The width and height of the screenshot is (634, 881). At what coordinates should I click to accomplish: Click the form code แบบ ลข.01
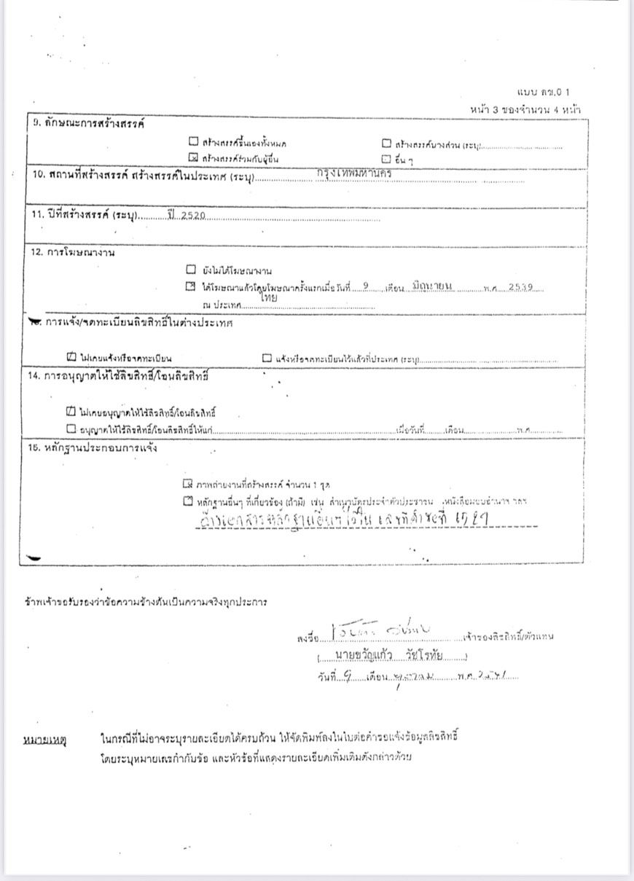coord(543,93)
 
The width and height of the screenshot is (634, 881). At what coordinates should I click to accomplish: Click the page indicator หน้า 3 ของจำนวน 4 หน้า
coord(525,109)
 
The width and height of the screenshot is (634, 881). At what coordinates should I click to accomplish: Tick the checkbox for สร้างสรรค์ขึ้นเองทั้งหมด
coord(193,143)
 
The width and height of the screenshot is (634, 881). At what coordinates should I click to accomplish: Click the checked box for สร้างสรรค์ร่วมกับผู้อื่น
coord(193,157)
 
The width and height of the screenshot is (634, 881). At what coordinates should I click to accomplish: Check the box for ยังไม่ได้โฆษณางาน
coord(191,269)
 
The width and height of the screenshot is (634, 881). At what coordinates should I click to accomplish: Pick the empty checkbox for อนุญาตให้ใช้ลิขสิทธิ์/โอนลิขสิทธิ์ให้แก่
coord(71,429)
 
